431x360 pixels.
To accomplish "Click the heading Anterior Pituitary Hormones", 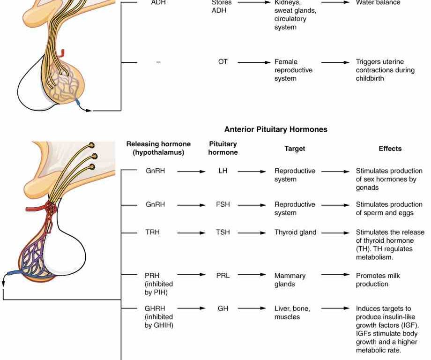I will point(275,129).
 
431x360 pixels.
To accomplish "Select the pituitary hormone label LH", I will point(223,171).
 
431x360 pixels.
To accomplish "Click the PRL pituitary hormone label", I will point(223,276).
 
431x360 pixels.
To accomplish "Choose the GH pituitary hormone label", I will point(223,309).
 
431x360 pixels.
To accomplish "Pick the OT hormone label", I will point(223,62).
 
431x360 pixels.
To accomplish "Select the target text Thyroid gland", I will point(295,232).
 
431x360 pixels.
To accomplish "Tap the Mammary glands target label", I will point(290,280).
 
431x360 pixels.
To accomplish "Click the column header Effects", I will point(390,149).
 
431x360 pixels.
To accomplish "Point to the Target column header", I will point(295,149).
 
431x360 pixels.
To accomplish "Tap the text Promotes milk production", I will point(378,280).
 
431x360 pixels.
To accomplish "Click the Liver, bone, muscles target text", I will point(292,313).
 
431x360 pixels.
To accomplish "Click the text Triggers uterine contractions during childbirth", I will point(385,70).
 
